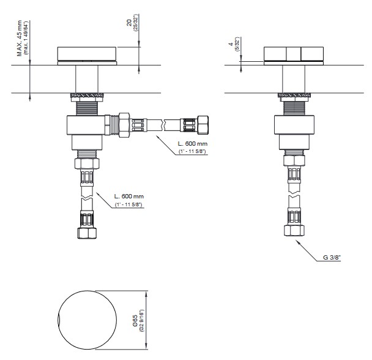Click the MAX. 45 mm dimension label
click(20, 38)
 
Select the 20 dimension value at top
click(129, 23)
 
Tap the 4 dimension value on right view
click(231, 44)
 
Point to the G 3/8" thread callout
click(332, 257)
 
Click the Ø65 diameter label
click(135, 321)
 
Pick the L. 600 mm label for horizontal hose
click(193, 143)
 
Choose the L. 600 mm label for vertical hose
click(129, 196)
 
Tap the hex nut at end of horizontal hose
click(203, 124)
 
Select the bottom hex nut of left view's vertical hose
click(87, 233)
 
